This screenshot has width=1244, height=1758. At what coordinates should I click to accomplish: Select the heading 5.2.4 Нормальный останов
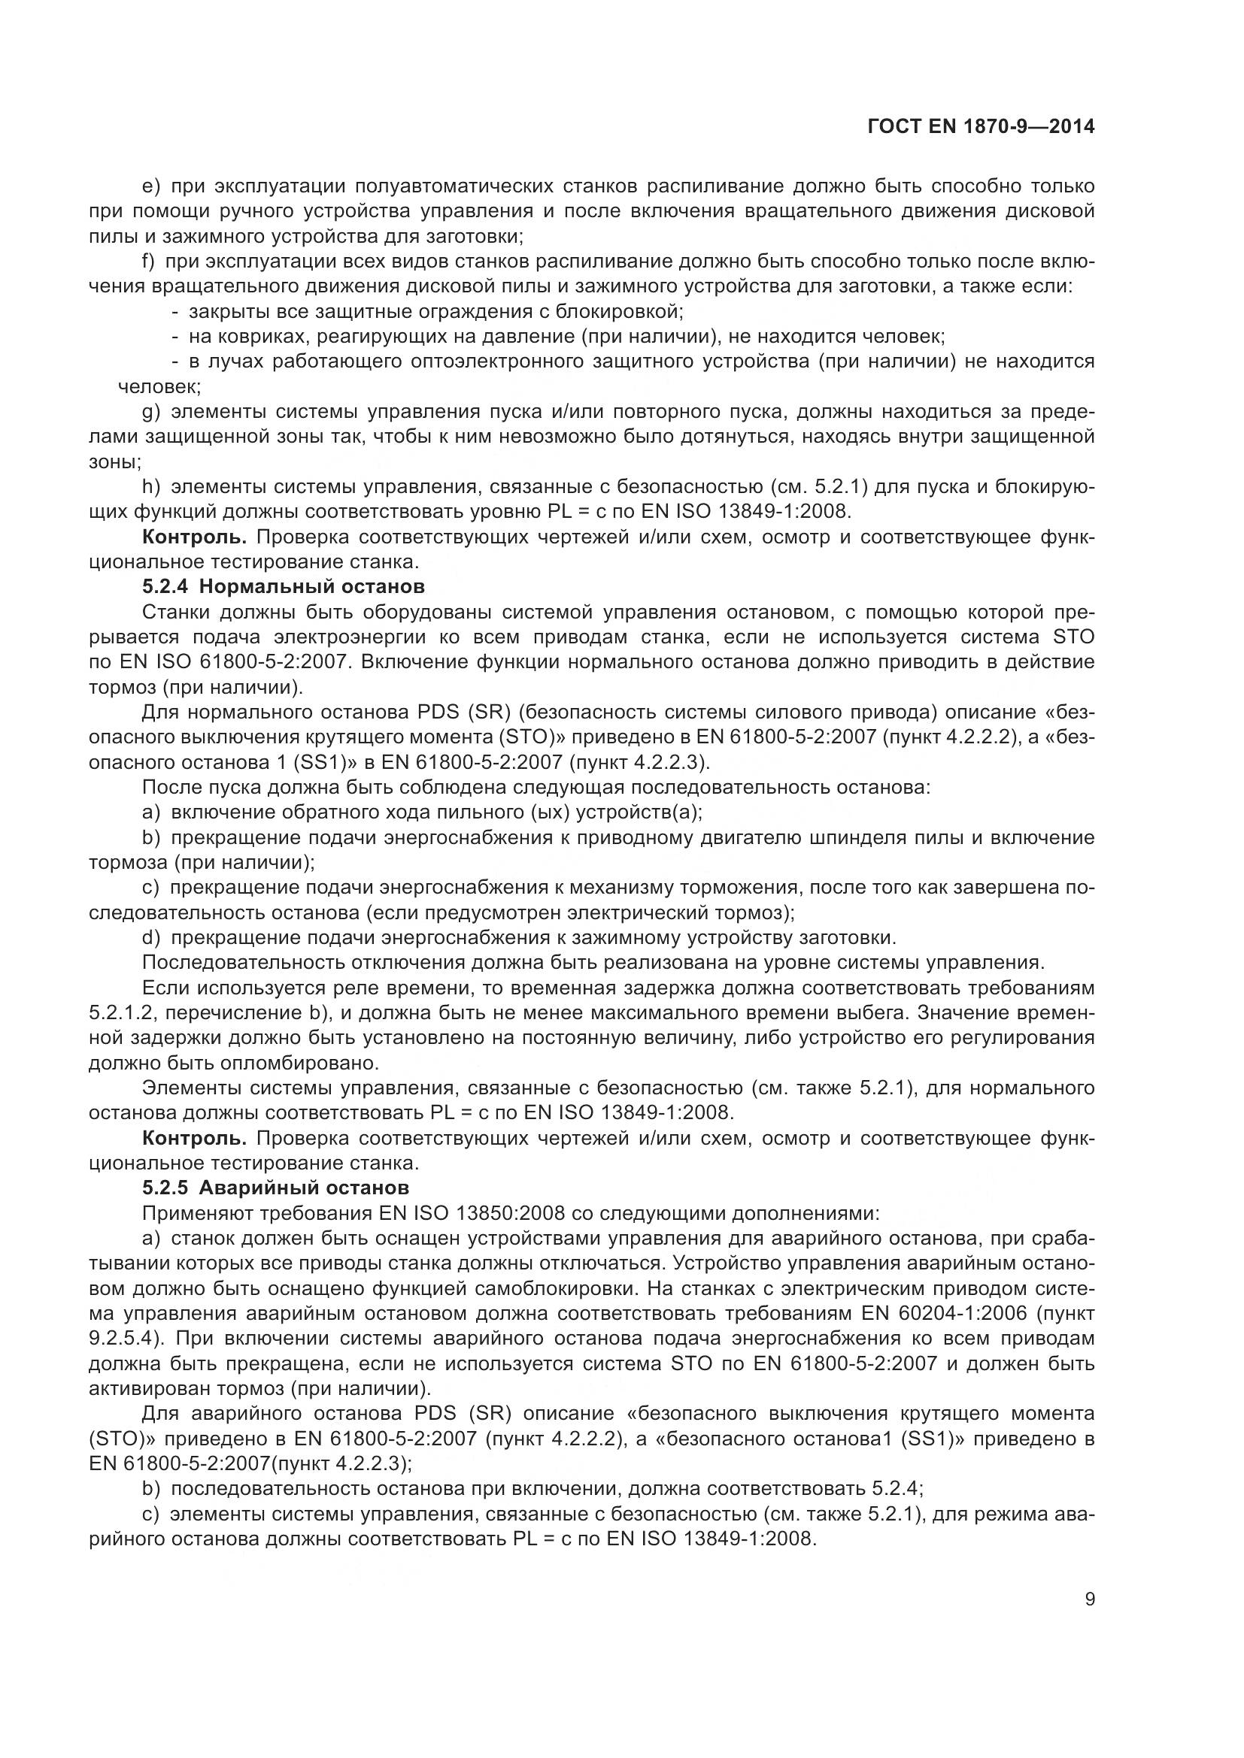283,587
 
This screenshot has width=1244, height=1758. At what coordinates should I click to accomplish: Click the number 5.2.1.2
120,1013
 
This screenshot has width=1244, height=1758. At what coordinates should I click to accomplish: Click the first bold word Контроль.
196,537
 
